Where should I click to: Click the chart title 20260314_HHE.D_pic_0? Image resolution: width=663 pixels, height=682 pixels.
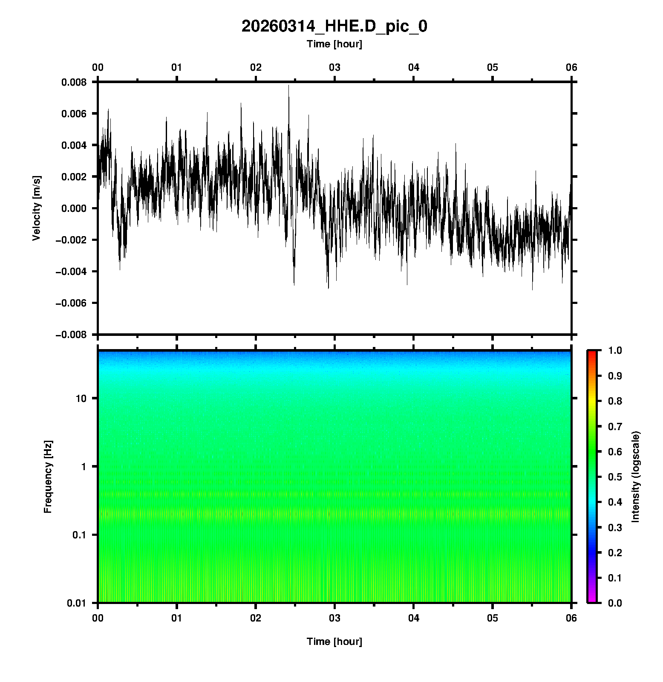(334, 26)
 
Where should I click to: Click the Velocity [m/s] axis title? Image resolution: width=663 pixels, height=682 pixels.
(37, 208)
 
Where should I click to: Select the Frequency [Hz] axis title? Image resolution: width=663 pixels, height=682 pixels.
(48, 477)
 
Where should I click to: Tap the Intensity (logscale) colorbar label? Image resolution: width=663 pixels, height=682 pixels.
(636, 477)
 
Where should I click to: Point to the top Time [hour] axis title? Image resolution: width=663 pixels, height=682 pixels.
(334, 44)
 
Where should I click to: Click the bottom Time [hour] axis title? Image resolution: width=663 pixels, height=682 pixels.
(334, 642)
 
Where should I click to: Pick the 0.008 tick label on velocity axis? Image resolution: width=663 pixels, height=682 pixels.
(74, 82)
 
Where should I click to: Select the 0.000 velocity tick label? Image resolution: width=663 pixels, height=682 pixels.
(74, 208)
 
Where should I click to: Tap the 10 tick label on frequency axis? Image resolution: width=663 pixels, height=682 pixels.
(81, 399)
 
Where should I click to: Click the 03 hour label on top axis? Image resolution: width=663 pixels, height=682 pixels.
(334, 67)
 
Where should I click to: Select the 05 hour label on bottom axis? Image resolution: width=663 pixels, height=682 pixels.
(493, 618)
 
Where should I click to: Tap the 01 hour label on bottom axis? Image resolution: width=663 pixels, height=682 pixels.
(177, 618)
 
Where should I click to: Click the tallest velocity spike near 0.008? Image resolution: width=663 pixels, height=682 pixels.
(288, 86)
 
